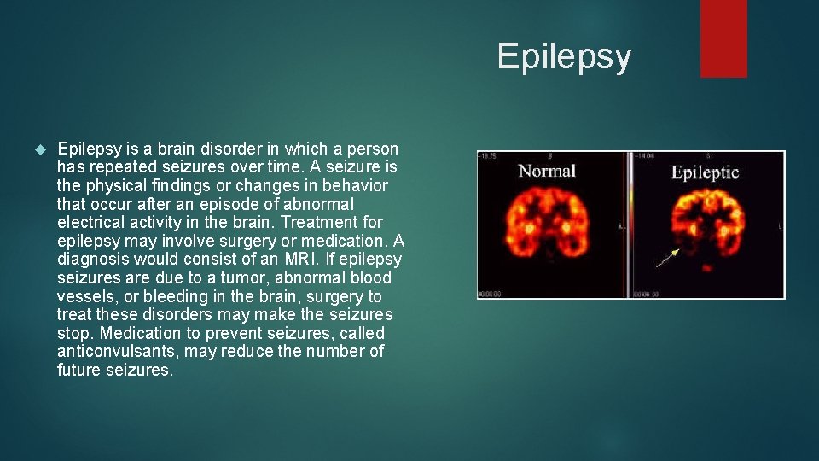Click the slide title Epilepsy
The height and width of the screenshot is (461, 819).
(564, 57)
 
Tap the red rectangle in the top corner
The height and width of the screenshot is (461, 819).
(723, 38)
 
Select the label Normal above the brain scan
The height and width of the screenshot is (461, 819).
(548, 171)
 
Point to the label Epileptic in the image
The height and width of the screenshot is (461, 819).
(705, 172)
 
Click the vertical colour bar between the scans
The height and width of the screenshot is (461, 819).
(630, 225)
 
